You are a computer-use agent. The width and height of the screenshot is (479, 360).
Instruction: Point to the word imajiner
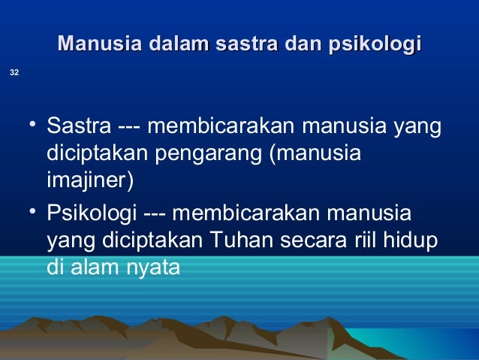[x=89, y=181]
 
